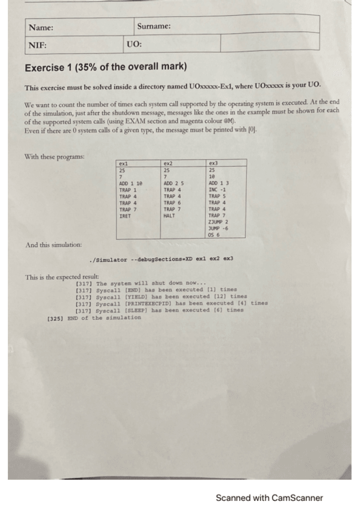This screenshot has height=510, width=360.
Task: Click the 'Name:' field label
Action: click(x=41, y=28)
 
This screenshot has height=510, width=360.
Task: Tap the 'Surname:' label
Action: click(x=154, y=26)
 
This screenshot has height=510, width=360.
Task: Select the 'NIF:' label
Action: click(x=37, y=45)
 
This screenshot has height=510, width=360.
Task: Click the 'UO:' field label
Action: click(x=135, y=45)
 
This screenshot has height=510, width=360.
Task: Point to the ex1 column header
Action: click(x=124, y=163)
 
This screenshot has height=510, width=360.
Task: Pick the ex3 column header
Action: click(x=212, y=163)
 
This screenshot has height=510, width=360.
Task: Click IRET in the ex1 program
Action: click(x=125, y=215)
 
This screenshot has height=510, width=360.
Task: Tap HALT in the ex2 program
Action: click(x=169, y=215)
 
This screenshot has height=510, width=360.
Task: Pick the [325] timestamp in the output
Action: click(x=55, y=318)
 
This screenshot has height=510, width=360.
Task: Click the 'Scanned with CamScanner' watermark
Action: click(x=269, y=498)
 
